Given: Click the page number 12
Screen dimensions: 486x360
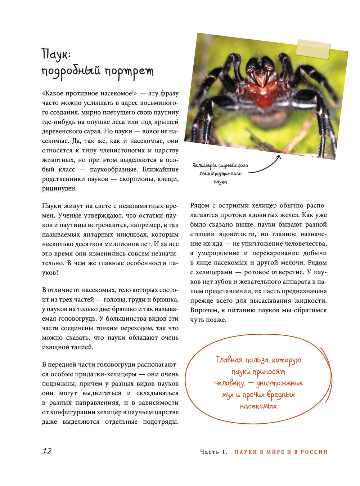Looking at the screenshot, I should click(47, 451).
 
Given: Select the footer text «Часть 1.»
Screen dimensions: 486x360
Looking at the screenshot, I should click(214, 452).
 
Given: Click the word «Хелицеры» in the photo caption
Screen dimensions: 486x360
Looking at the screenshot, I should click(204, 165).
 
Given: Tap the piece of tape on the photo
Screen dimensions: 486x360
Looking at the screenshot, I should click(313, 48).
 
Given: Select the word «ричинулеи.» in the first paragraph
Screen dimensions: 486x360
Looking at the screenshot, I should click(59, 188).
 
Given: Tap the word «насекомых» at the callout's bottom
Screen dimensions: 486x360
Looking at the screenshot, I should click(258, 406).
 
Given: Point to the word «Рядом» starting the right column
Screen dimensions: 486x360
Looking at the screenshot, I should click(200, 206).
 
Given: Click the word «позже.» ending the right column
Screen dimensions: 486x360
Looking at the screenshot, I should click(216, 320).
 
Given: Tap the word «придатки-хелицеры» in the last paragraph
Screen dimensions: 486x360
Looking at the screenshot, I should click(107, 374).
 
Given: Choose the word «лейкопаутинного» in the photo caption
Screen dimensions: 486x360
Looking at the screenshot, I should click(220, 174).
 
